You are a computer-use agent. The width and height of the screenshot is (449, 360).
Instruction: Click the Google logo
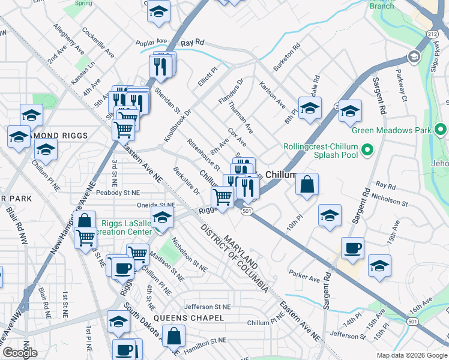click(20, 352)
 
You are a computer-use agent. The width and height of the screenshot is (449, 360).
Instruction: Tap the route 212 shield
click(432, 34)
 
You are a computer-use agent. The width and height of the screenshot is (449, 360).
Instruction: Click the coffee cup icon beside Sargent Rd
click(352, 248)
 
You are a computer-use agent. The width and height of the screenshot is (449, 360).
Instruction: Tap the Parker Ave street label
click(304, 278)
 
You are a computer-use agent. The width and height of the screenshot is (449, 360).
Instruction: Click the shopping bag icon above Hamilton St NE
click(173, 337)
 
